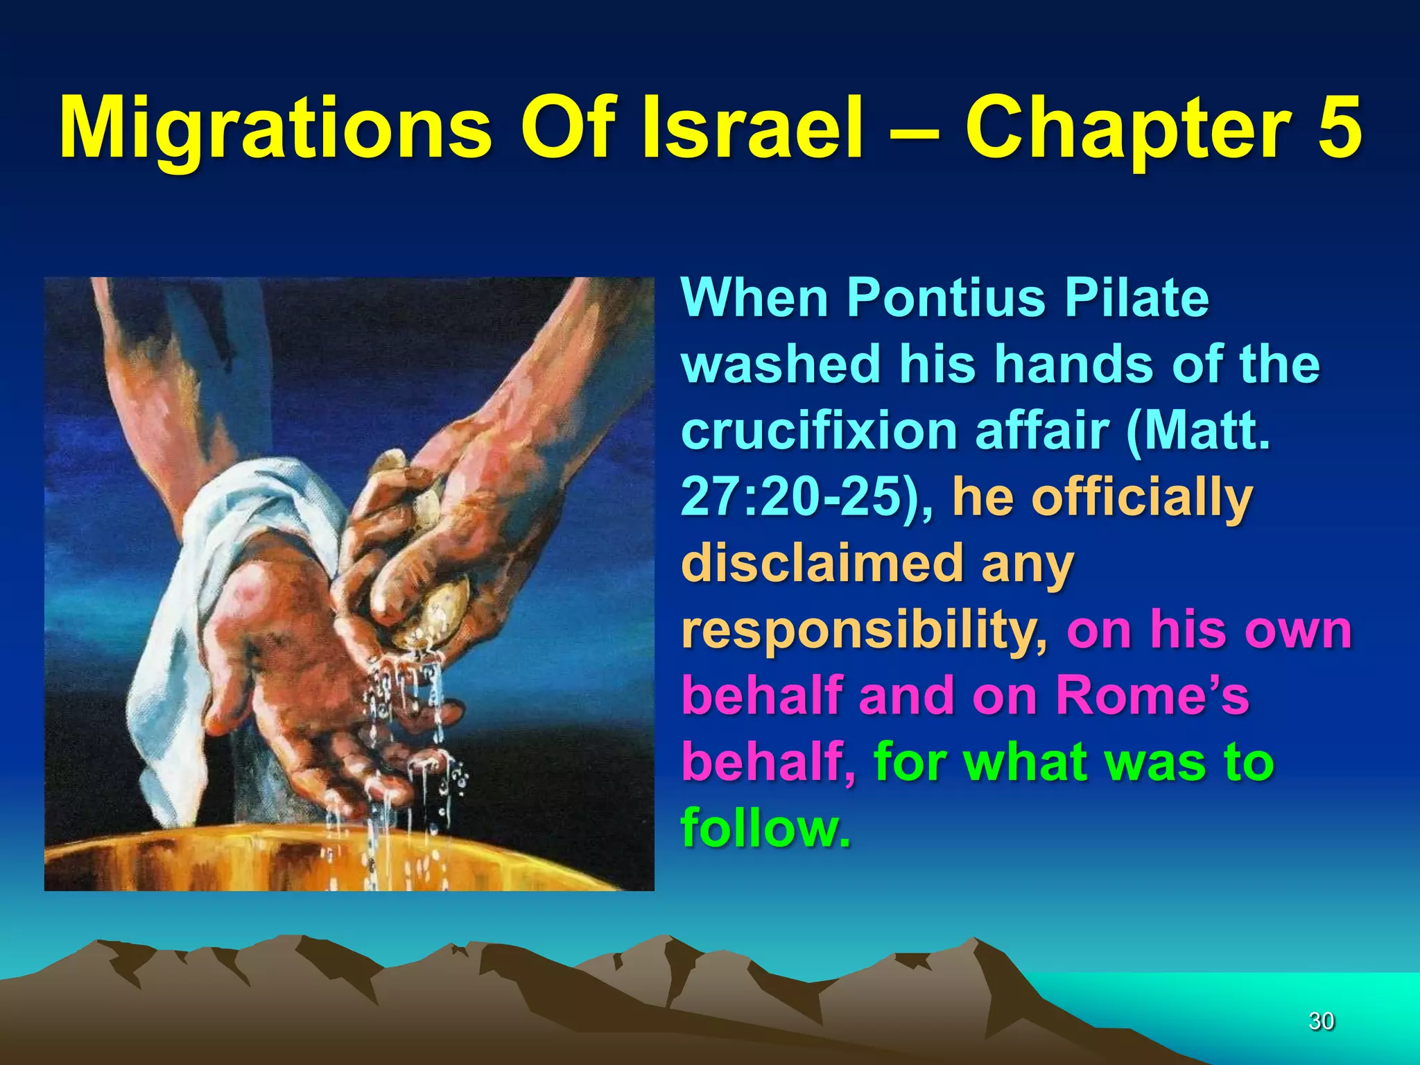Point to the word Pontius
[946, 298]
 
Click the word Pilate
[1136, 298]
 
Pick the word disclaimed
[822, 562]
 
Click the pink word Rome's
[1152, 695]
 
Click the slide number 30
[1321, 1021]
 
